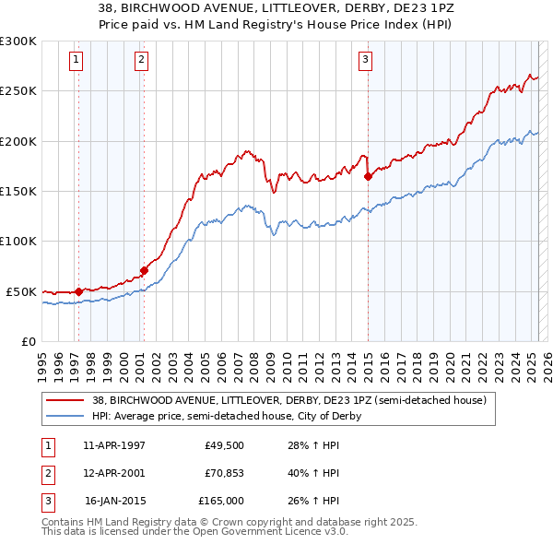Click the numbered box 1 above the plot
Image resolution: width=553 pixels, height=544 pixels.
tap(76, 60)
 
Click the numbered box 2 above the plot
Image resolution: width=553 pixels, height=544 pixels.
tap(141, 60)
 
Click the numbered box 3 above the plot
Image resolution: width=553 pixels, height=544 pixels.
tap(365, 60)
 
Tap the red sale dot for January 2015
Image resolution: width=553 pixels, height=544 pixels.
tap(368, 176)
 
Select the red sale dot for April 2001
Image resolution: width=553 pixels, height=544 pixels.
tap(144, 270)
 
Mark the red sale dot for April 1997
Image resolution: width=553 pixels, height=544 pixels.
tap(78, 291)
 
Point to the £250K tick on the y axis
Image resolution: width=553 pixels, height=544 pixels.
tap(18, 91)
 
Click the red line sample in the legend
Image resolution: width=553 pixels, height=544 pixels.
tap(66, 399)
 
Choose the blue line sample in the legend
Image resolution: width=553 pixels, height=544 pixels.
tap(66, 416)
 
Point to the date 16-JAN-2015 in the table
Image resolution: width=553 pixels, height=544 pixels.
tap(114, 501)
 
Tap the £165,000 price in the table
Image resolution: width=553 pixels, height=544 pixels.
tap(220, 501)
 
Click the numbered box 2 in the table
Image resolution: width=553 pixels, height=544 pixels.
tap(47, 473)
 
